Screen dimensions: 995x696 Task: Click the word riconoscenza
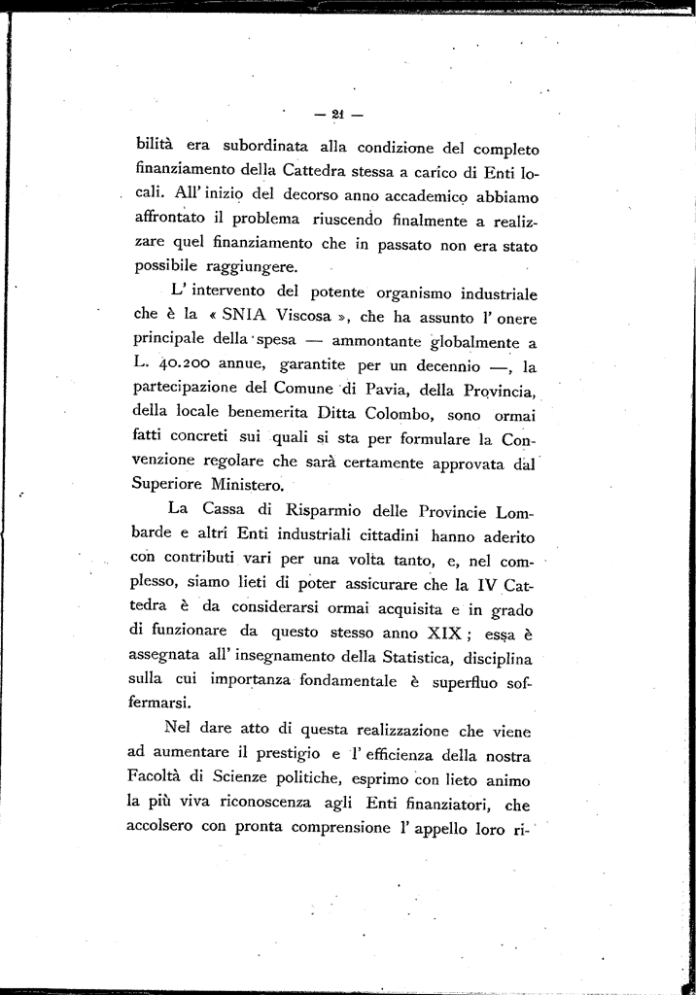(x=288, y=803)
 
